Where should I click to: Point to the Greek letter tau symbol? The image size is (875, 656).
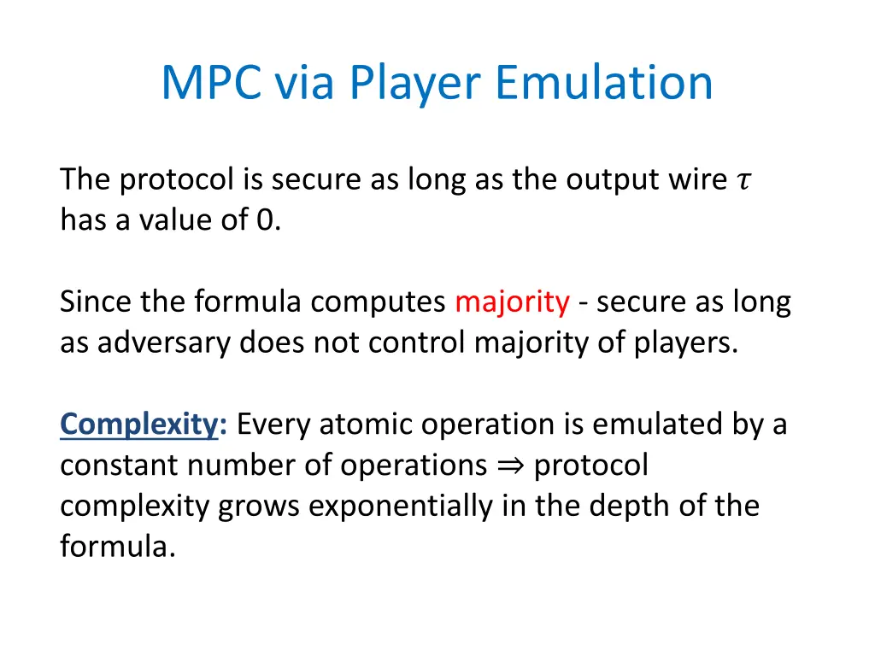(743, 180)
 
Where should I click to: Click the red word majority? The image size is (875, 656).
(512, 302)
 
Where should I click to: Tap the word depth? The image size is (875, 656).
(622, 506)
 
